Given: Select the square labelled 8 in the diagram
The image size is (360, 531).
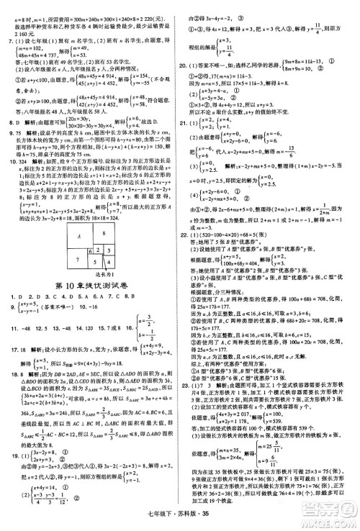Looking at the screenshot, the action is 104,222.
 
